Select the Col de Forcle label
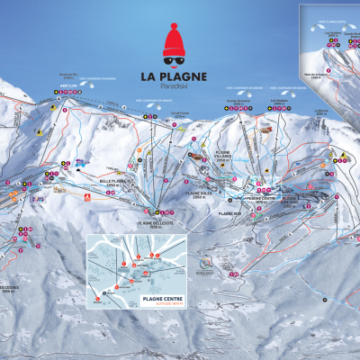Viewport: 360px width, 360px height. click(177, 112)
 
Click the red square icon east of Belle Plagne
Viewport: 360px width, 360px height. click(87, 195)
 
